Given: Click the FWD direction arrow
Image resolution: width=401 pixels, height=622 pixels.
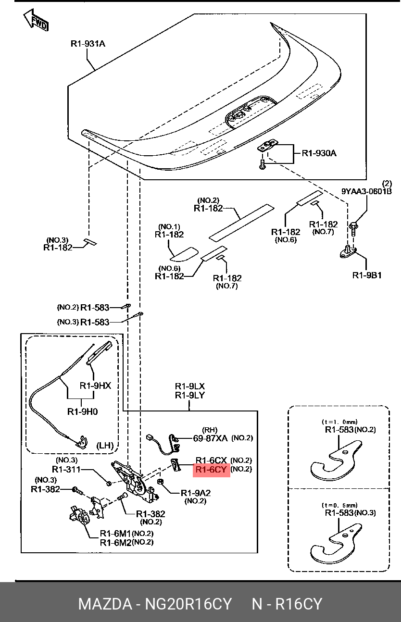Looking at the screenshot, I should point(37,20).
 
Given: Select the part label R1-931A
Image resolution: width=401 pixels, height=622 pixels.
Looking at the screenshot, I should point(88,44).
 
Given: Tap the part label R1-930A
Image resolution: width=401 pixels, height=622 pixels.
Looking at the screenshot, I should point(319,153).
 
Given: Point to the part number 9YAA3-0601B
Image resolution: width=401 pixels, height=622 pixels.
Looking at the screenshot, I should point(366,191).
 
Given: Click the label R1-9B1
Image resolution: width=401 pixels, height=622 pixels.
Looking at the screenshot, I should point(367,275).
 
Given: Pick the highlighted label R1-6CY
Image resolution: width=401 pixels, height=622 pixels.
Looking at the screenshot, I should point(211,469).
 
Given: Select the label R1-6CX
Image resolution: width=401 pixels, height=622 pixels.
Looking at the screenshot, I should point(211,460).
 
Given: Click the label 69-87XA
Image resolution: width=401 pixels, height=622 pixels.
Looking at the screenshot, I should point(211,438).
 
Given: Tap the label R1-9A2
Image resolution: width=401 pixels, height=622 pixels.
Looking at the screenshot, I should point(196,493).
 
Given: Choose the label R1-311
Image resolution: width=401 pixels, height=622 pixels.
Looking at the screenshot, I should point(66,469).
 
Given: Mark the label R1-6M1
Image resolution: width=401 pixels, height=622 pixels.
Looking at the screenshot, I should point(115,533).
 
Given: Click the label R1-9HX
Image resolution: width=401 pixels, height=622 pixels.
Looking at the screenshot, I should point(95,386).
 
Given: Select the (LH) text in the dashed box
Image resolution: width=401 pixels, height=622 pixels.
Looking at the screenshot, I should point(105,446).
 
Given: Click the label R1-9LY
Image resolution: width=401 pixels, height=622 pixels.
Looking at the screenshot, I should point(189,395).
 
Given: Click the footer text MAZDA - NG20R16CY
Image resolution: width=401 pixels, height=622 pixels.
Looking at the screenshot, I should point(155,604).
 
